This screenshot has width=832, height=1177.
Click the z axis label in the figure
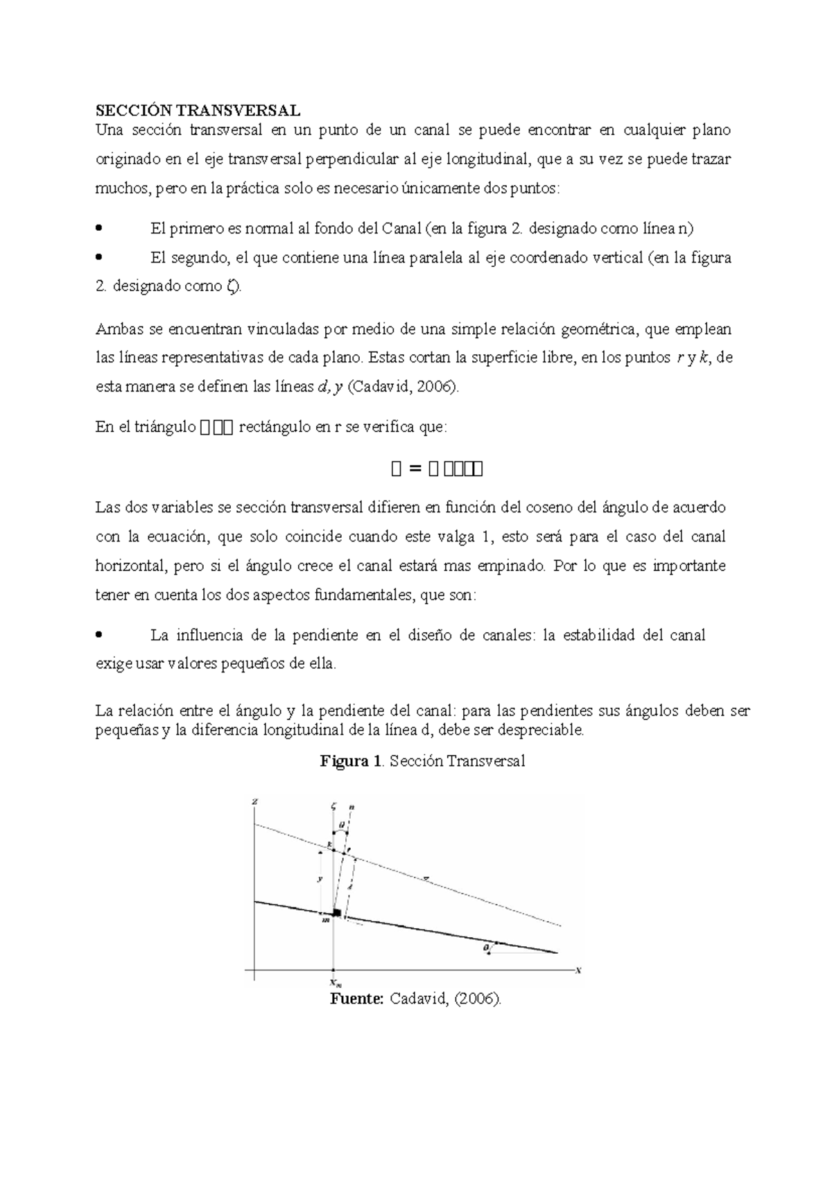(x=255, y=801)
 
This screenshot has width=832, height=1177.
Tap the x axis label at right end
(x=578, y=970)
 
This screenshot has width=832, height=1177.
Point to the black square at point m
(x=337, y=913)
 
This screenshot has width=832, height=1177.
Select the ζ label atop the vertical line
(x=333, y=806)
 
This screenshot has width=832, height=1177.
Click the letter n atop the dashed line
(x=352, y=807)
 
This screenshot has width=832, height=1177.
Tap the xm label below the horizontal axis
(x=335, y=983)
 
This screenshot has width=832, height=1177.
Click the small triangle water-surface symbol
(x=427, y=878)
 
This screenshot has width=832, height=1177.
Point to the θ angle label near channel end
(x=486, y=946)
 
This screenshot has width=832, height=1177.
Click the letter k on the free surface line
(x=329, y=844)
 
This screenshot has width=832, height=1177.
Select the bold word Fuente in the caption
(x=356, y=999)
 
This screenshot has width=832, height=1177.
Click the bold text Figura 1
(x=350, y=761)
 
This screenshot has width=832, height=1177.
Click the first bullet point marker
(x=98, y=228)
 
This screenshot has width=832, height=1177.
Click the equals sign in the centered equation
(x=415, y=469)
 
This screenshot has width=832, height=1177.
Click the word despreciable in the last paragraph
(x=546, y=730)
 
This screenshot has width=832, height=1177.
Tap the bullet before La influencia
(x=98, y=635)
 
